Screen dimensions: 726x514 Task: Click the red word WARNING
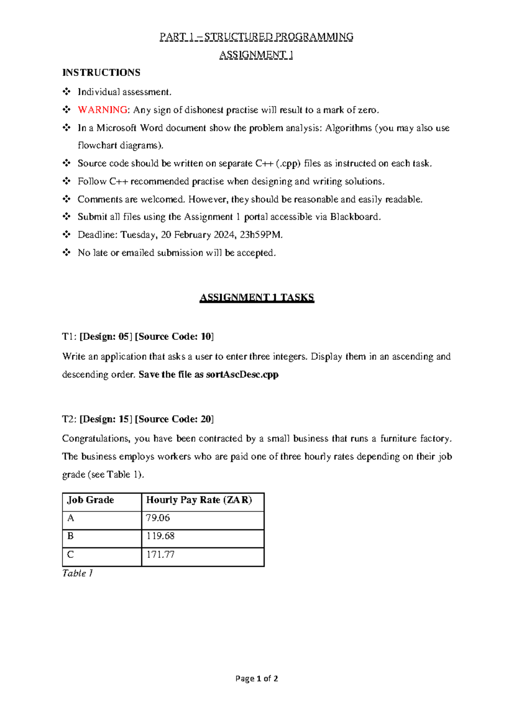[102, 110]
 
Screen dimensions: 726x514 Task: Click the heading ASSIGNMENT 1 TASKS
[257, 298]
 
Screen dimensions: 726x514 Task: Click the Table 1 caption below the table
[78, 573]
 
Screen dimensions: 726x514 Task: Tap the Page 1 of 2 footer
[257, 678]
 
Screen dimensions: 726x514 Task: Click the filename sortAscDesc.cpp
[242, 375]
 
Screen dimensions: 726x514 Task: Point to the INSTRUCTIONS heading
[102, 72]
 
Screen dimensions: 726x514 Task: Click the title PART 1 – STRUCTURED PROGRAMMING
[256, 37]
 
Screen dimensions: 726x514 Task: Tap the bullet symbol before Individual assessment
[66, 92]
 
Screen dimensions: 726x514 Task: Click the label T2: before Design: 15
[69, 419]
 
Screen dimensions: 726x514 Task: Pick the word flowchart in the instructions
[97, 146]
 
